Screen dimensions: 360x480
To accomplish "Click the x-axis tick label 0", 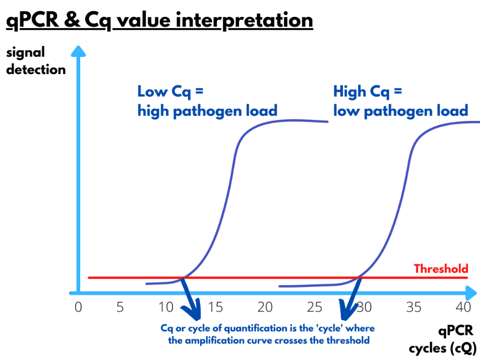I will [x=78, y=307].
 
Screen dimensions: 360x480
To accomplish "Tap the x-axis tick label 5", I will [x=121, y=307].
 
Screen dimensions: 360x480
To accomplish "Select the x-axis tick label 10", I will [x=166, y=307].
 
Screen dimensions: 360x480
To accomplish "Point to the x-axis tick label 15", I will [x=215, y=307].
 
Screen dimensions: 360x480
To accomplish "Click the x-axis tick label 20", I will [x=265, y=307].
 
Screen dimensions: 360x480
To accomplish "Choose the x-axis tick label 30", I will [x=364, y=307].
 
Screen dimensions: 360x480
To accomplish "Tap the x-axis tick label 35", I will [x=414, y=307].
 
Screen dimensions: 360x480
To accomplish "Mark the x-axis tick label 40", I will [x=463, y=307].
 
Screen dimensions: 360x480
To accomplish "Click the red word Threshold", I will [x=441, y=269].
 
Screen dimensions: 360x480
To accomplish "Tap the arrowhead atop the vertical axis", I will [x=78, y=51].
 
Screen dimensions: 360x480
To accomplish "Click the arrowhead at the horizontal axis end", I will [x=471, y=293].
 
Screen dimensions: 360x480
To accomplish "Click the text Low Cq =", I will [x=171, y=92].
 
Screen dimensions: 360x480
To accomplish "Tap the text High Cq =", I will [x=368, y=92].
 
